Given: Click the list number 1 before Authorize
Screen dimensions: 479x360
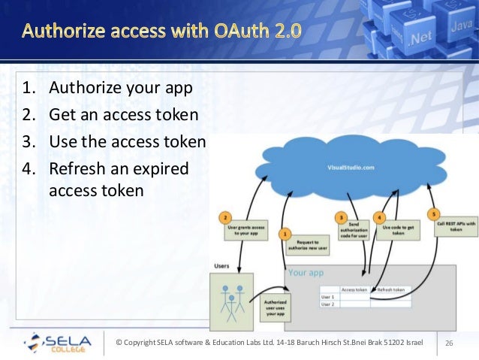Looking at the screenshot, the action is click(27, 89).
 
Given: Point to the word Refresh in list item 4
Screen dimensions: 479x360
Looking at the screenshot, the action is click(78, 168).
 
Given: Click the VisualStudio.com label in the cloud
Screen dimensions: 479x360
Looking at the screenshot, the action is click(351, 168).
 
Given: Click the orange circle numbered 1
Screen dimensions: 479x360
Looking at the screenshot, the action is click(285, 234).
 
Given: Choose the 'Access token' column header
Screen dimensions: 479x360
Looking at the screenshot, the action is click(355, 289).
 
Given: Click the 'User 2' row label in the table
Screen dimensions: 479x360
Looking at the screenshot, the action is click(328, 304).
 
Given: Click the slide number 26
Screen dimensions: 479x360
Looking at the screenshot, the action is click(450, 343).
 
